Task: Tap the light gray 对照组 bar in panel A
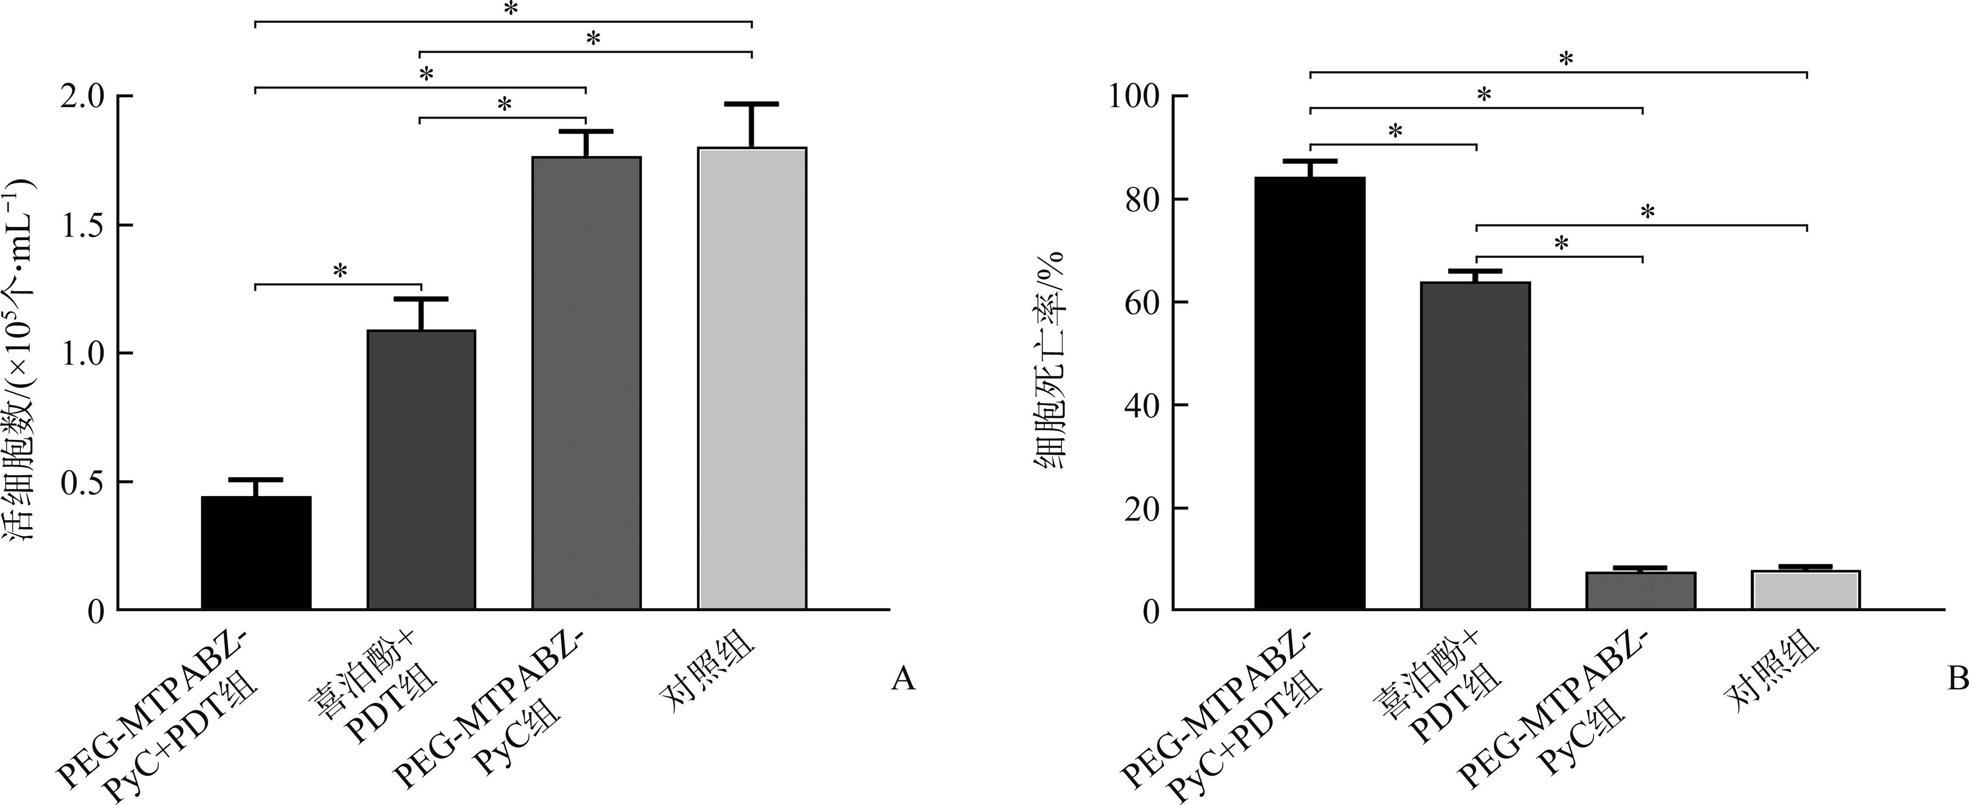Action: click(x=752, y=378)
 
